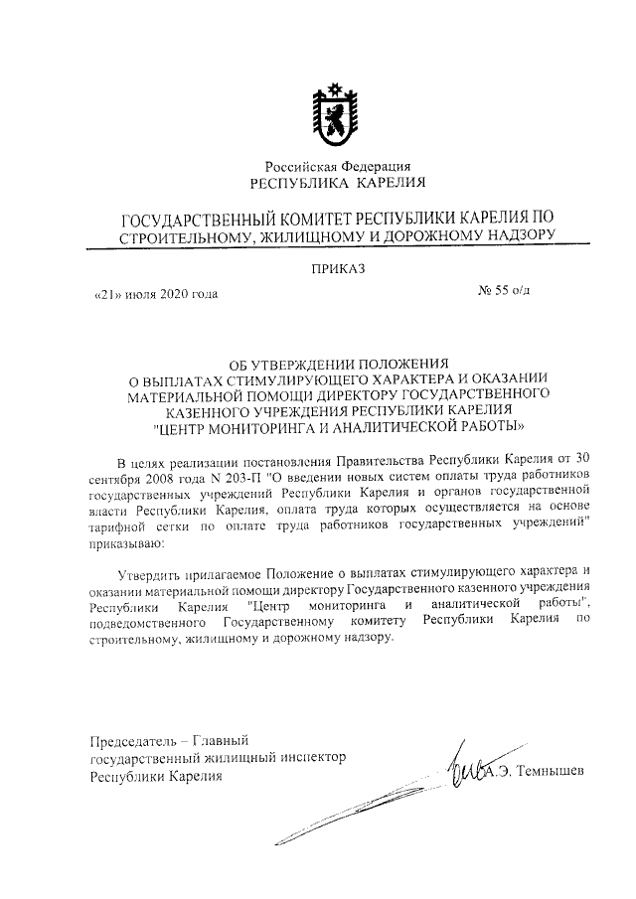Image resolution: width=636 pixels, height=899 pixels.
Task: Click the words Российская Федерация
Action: (x=337, y=166)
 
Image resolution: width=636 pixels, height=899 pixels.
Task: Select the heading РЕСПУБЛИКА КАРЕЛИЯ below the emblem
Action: (x=338, y=182)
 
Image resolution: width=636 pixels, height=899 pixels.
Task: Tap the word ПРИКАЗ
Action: (x=338, y=267)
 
